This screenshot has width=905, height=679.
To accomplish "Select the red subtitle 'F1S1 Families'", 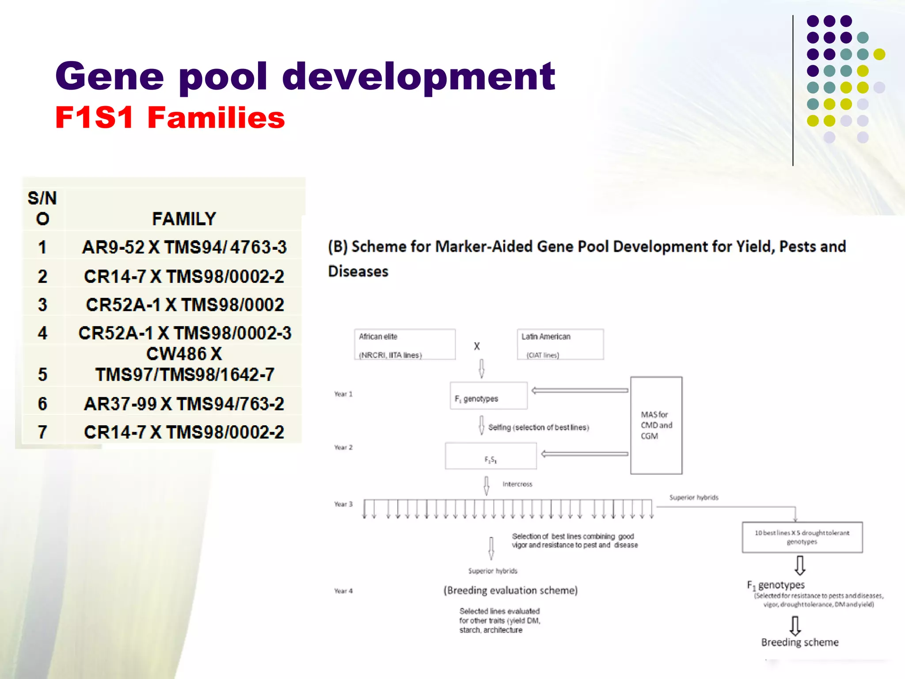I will tap(170, 118).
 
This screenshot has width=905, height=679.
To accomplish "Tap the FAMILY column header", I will tap(184, 219).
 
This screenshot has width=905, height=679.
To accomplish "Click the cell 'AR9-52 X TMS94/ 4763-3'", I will tap(184, 248).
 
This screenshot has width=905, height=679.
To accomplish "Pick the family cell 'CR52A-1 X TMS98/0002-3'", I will tap(185, 333).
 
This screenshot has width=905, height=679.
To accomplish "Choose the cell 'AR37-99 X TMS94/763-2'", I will tap(184, 404).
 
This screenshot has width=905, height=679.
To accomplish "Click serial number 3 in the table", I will tap(42, 305).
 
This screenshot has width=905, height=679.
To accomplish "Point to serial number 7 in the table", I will tap(42, 432).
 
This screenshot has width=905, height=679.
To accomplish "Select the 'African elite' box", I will tap(404, 344).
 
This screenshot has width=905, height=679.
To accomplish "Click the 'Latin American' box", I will tap(560, 344).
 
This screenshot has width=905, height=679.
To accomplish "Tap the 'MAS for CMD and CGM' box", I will tap(656, 425).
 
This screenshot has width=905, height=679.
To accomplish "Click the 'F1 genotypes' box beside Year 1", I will tap(488, 396).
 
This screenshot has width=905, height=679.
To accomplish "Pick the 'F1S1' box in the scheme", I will tap(491, 456).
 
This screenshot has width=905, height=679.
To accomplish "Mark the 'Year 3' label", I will tap(343, 504).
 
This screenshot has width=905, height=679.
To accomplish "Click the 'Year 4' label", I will tap(343, 591).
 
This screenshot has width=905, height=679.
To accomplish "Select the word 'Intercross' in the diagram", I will tap(517, 484).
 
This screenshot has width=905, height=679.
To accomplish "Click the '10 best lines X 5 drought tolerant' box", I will tap(802, 537).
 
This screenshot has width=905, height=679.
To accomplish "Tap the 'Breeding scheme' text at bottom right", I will tap(800, 642).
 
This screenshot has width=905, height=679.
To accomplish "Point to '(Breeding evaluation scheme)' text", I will tap(510, 591).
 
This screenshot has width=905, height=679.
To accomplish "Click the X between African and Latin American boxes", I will tap(476, 346).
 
